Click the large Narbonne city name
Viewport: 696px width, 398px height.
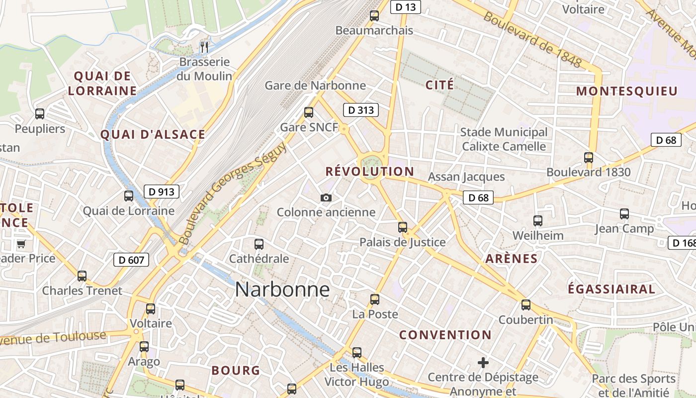282,289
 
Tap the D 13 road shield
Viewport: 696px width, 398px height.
405,7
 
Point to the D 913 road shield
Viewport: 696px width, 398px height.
162,192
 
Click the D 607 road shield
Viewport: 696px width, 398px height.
131,259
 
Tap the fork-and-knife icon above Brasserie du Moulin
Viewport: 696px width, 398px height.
204,47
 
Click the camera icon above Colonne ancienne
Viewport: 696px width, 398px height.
326,198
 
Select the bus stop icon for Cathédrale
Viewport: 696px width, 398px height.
259,244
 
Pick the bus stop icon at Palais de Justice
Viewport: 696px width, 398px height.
403,227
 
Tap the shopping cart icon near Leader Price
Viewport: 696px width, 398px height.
21,244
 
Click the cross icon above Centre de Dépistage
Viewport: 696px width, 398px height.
483,362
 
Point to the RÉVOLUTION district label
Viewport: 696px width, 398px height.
369,172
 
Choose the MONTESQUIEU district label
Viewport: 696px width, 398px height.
627,91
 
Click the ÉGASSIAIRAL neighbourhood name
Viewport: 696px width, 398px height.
611,289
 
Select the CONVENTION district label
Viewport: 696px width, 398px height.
445,335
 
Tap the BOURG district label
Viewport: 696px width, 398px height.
236,370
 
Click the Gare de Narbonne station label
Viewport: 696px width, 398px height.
315,86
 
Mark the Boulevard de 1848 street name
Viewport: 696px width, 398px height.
532,40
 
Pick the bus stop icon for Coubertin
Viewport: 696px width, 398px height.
526,305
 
